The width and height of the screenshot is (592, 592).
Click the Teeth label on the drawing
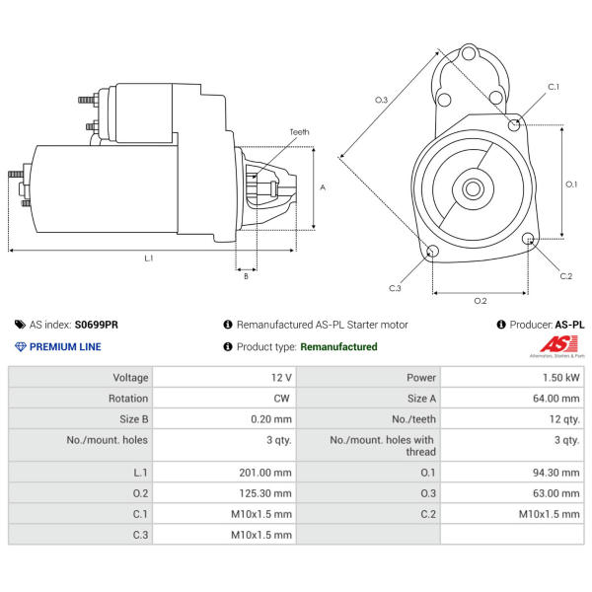coord(299,132)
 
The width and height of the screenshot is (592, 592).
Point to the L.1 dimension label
coord(149,259)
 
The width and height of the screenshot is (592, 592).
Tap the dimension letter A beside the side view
coord(323,187)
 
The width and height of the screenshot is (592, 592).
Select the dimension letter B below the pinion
coord(246,276)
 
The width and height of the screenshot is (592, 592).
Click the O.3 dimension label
coord(382,100)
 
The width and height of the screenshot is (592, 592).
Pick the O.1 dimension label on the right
coord(571,184)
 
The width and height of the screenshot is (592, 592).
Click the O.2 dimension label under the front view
coord(481,300)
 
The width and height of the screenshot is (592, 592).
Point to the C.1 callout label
coord(554,87)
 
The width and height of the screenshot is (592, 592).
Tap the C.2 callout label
coord(565,276)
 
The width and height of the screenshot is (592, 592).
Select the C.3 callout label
coord(395,288)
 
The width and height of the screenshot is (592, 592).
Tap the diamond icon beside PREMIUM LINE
coord(20,347)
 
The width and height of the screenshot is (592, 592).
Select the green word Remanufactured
coord(338,347)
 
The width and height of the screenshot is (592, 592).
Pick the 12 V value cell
coord(280,378)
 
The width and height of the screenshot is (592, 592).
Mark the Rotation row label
coord(128,399)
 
